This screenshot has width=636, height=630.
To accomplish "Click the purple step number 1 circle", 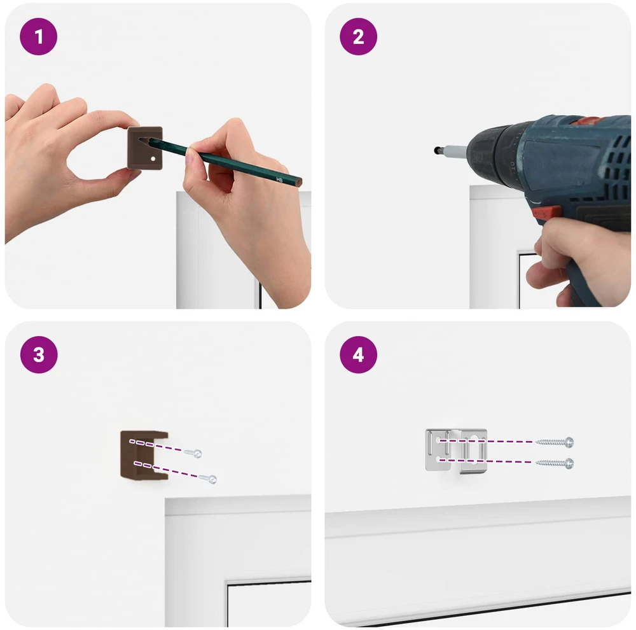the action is [x=39, y=36].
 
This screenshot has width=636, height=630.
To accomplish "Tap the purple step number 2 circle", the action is [x=358, y=36].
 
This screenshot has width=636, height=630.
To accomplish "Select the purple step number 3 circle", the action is [x=39, y=355].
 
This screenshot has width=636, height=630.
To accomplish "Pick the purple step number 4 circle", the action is [x=358, y=355].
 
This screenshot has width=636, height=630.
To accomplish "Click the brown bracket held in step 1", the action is [x=145, y=148].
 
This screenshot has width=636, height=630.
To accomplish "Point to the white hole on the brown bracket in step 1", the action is [x=153, y=158].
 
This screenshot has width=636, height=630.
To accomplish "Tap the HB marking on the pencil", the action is [x=279, y=179].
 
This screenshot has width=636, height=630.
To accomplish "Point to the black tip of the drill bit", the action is [x=437, y=150].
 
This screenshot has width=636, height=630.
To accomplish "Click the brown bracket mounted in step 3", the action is [x=144, y=454].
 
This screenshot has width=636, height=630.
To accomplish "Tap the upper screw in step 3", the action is [x=193, y=453].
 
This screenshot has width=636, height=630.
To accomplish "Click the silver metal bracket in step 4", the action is [x=456, y=451].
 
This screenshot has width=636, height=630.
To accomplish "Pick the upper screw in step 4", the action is [x=555, y=442].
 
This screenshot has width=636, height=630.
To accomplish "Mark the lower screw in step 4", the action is [x=555, y=463].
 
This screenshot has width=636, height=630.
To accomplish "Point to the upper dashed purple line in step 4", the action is [x=486, y=441].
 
